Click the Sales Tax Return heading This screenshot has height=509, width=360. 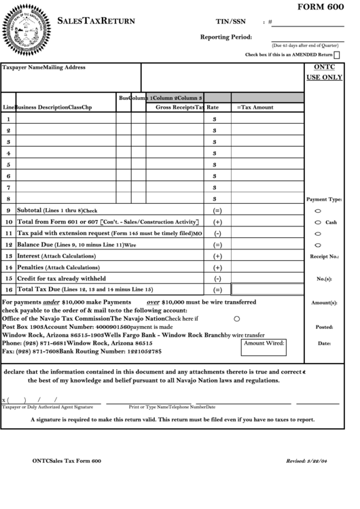[96, 22]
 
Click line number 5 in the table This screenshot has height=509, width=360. [8, 164]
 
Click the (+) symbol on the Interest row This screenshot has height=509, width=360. [217, 256]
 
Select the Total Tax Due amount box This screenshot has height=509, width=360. [267, 289]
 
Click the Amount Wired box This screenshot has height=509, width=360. [264, 348]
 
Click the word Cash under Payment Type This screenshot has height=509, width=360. [331, 223]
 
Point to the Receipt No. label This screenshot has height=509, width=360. [324, 257]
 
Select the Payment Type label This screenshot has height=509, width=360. [324, 200]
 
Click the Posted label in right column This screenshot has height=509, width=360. [324, 327]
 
